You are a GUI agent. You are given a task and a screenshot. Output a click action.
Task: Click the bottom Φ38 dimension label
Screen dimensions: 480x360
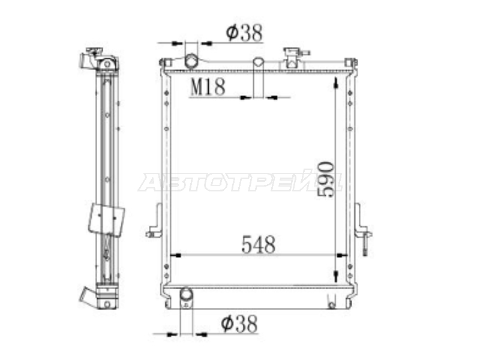click(239, 324)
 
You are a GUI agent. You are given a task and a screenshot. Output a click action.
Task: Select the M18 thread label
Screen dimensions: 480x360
click(208, 87)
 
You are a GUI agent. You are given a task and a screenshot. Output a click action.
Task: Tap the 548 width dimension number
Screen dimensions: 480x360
click(259, 245)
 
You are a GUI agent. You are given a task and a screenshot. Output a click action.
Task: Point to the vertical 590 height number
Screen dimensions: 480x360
click(326, 179)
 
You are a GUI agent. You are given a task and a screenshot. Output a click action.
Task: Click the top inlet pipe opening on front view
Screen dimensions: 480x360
click(191, 61)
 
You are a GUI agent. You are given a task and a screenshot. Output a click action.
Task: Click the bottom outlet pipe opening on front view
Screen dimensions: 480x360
click(186, 295)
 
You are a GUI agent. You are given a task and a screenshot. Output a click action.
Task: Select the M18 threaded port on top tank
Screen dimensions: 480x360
click(259, 62)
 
